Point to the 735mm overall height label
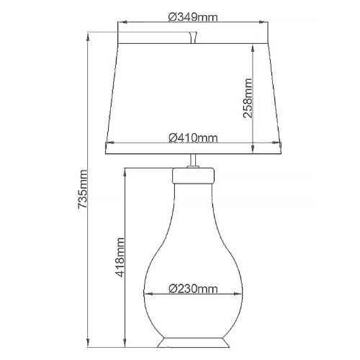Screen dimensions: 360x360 [x=83, y=189]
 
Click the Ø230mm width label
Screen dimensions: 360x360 [x=192, y=290]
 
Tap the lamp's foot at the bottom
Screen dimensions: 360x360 [x=192, y=338]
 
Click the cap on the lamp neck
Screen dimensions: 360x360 [x=192, y=174]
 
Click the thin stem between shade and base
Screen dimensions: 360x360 [x=192, y=163]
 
